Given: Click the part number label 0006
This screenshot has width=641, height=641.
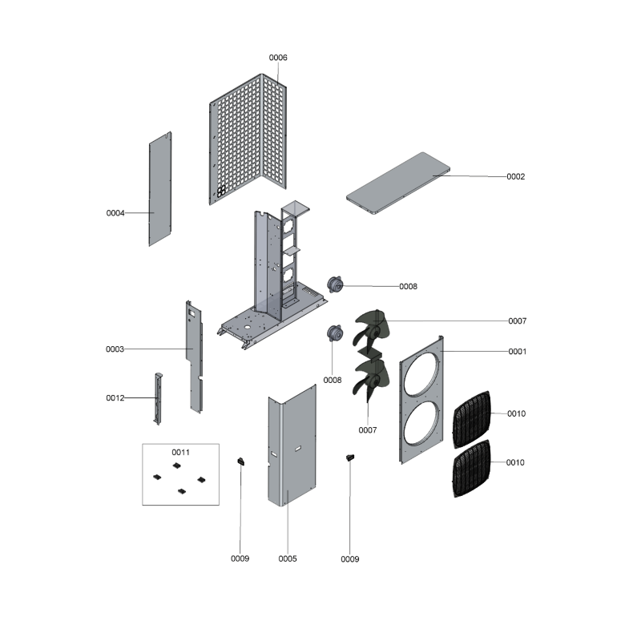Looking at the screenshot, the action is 278,58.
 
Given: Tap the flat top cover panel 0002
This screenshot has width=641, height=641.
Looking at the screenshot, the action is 398,183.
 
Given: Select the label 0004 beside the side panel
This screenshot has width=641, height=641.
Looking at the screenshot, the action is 115,213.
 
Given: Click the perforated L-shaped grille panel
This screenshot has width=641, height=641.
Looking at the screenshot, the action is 248,139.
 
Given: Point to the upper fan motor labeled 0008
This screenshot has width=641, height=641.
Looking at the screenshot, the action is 335,284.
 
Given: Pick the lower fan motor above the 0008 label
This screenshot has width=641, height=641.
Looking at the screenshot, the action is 335,333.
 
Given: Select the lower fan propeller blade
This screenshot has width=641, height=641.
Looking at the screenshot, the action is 371,377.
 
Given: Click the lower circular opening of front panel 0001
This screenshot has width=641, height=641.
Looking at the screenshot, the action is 422,423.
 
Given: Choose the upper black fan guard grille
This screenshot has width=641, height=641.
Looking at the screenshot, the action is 471,419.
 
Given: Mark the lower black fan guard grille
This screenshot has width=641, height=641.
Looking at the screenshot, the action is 471,469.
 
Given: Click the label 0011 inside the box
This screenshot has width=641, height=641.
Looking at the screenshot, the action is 181,452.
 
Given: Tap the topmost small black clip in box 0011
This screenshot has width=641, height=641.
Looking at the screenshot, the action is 176,466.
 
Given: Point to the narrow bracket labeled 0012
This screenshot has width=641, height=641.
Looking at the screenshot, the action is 158,398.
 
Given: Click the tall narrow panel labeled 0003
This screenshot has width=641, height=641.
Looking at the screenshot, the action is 194,357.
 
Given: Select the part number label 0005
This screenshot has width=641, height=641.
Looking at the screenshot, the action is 288,558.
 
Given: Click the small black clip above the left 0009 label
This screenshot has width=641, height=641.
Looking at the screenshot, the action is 241,462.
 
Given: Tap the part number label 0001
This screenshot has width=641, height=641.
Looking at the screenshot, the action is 518,352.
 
